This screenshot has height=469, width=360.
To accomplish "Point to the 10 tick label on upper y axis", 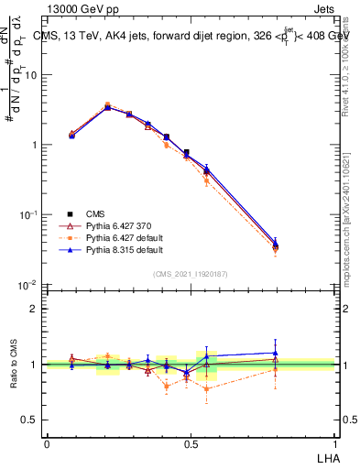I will [31, 75].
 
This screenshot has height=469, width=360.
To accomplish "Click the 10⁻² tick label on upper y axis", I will [29, 285].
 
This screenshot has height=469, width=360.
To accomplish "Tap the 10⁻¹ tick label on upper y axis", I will [29, 214].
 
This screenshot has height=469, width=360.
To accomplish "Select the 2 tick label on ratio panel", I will [36, 309].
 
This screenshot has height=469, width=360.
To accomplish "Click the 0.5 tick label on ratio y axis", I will [32, 420].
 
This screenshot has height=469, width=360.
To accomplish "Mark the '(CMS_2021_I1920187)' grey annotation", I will [190, 273].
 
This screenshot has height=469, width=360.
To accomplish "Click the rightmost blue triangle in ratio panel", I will [275, 353].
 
